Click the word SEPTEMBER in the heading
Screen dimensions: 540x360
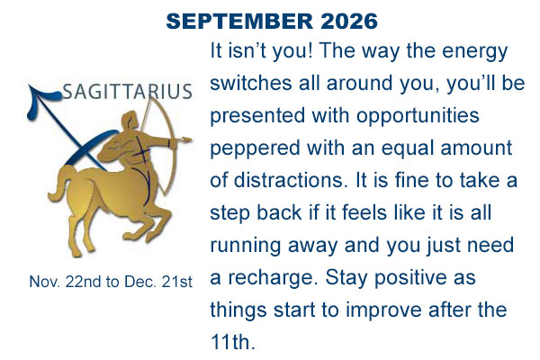point(239,21)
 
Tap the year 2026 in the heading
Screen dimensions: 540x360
point(349,21)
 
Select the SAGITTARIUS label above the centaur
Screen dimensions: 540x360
point(128,92)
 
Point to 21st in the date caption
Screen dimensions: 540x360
point(176,282)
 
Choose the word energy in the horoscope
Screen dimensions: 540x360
point(475,51)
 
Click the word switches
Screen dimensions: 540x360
point(251,83)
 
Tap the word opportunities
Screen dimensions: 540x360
point(418,116)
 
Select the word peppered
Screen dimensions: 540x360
point(256,148)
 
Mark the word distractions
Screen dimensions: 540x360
point(290,180)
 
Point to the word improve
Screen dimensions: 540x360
point(383,310)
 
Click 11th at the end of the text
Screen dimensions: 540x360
point(233,341)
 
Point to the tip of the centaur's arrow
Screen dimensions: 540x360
point(190,139)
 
